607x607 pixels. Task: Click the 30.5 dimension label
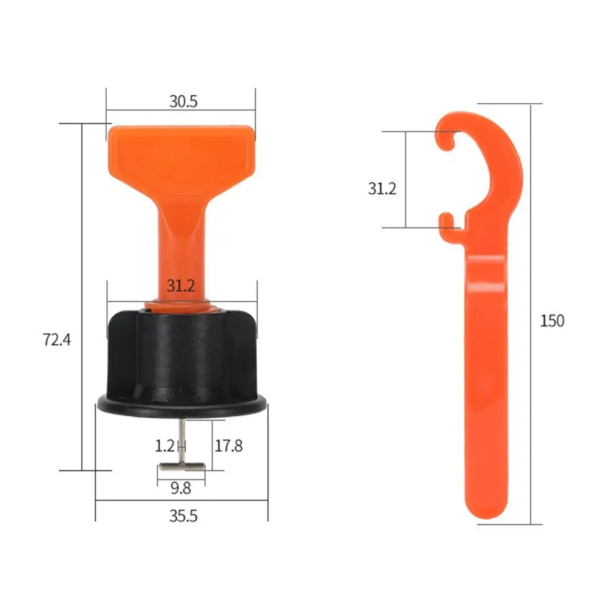coord(183,101)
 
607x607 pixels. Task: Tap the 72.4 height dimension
coord(57,340)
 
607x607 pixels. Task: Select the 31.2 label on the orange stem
coord(180,286)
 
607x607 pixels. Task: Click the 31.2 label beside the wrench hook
coord(382,189)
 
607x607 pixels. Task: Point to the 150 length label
coord(552,320)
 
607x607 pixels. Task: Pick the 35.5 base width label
coord(183,517)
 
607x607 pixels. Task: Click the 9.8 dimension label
coord(181,487)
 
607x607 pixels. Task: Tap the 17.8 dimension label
coord(228,446)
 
